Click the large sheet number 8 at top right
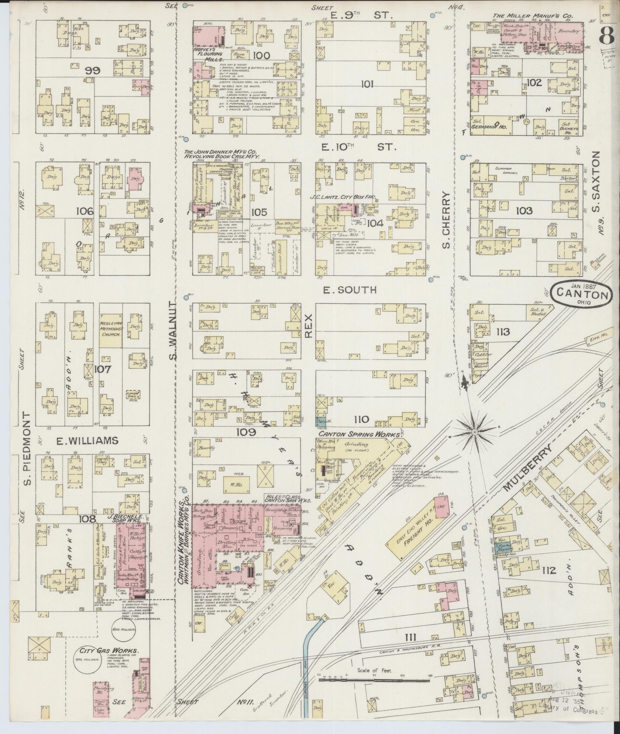(606, 37)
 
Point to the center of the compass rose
(475, 433)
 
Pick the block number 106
(85, 211)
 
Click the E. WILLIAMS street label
(88, 441)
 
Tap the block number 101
(367, 84)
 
